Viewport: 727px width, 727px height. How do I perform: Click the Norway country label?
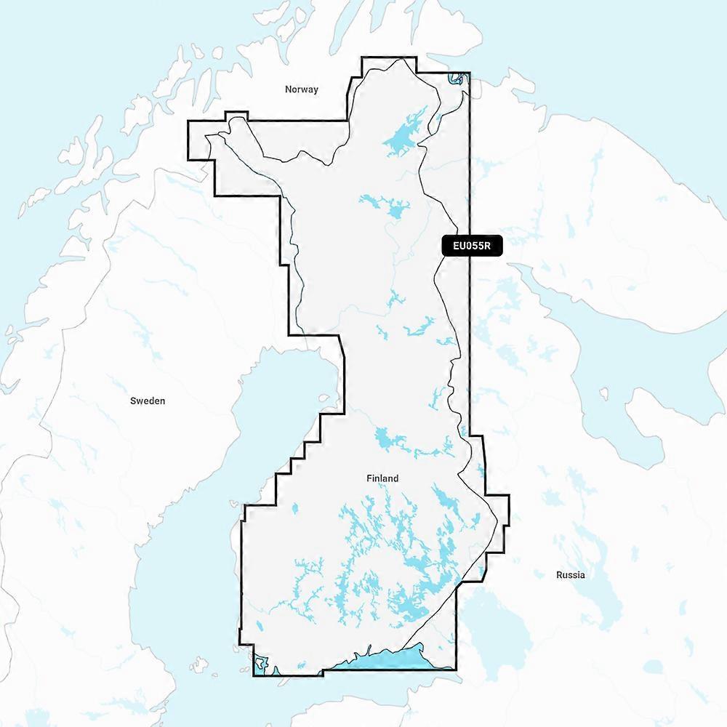coord(302,89)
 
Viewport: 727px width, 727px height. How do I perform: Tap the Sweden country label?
coord(148,401)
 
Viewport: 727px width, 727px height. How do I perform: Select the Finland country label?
coord(382,478)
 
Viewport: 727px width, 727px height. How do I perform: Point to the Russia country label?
coord(570,574)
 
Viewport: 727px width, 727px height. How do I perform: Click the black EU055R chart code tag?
coord(472,246)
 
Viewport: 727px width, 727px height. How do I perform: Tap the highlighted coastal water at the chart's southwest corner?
coord(260,664)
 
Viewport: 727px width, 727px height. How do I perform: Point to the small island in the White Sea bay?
coord(603,393)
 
